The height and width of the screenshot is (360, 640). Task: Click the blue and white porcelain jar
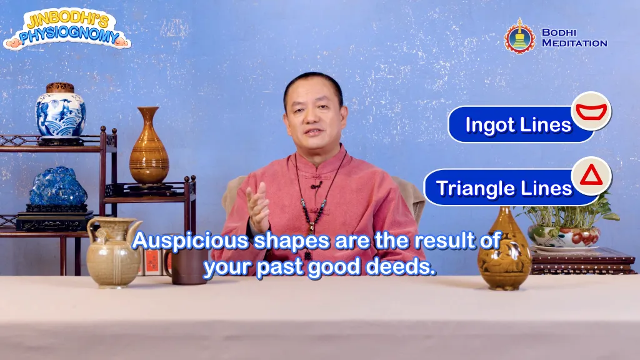coord(61,114)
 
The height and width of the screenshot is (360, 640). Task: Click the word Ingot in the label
coord(490,125)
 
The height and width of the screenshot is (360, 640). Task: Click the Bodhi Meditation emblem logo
coord(520,36)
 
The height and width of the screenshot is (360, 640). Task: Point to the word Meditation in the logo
coord(574,43)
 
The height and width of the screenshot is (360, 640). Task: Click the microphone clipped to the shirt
coord(316,184)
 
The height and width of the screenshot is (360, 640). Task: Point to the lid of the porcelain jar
coord(60,87)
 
